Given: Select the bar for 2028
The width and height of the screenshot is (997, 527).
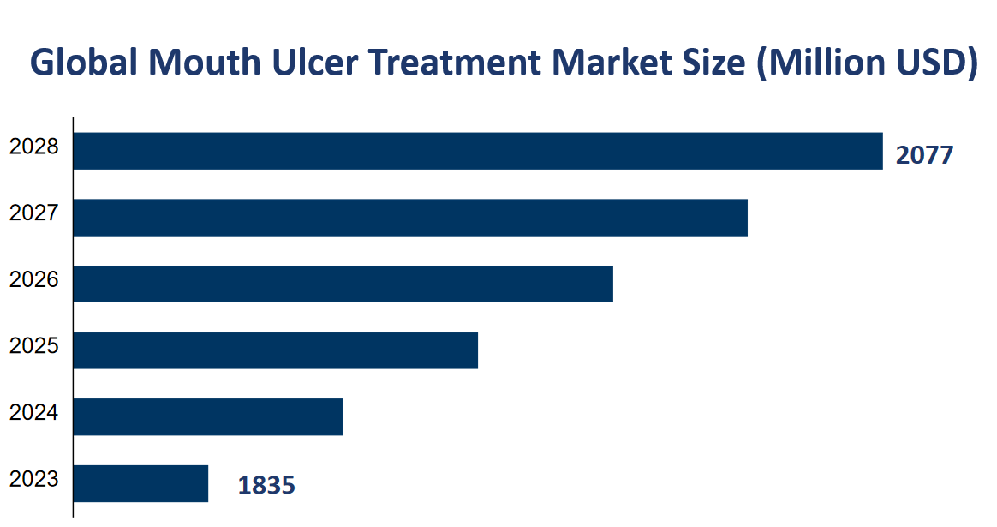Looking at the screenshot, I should tap(478, 151).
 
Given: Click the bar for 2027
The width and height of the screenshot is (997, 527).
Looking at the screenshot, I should tap(410, 218).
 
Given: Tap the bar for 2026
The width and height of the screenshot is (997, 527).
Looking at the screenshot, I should tap(343, 284).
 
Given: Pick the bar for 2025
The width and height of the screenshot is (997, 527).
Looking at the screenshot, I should tap(276, 350).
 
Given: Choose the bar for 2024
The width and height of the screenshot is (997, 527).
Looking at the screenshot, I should tap(208, 416).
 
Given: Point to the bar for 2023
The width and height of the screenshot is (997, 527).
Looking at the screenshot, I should tap(141, 483).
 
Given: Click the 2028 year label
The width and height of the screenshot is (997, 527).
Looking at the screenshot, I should tap(34, 147).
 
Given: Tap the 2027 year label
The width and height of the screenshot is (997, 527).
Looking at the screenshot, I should tap(34, 213).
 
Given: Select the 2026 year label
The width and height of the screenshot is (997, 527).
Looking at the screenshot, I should tap(34, 279).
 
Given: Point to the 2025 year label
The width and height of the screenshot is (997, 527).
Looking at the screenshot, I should tap(34, 346).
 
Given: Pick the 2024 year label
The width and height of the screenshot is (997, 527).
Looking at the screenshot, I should tap(34, 412).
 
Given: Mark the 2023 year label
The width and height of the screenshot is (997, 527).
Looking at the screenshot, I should tap(34, 479).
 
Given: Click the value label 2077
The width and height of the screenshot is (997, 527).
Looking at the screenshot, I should tap(924, 155).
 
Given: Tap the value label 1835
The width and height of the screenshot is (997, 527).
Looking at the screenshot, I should tap(266, 486).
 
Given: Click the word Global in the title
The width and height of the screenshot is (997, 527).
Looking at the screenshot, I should tap(81, 63).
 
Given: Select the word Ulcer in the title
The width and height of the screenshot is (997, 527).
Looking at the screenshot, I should tap(307, 63).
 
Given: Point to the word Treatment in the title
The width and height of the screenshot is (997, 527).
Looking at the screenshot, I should tap(453, 63).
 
